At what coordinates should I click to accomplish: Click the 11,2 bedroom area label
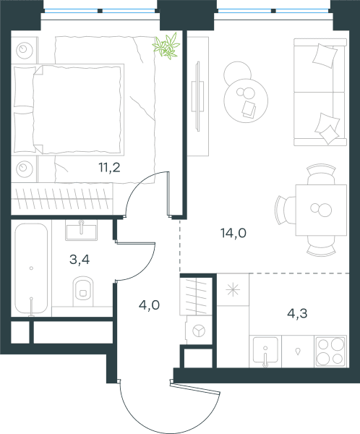tap(109, 168)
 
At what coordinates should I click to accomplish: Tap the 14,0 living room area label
tap(233, 233)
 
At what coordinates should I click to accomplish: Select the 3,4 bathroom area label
tap(80, 260)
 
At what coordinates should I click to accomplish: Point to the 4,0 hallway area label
tap(149, 305)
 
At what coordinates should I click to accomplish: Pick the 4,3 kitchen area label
tap(297, 313)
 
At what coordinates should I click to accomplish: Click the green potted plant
tap(166, 46)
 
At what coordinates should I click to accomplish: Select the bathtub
tap(31, 268)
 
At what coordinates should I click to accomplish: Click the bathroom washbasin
tap(81, 230)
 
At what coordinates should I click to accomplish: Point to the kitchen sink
tap(265, 350)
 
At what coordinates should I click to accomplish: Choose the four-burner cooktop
tap(330, 352)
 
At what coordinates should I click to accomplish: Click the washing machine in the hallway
tap(199, 331)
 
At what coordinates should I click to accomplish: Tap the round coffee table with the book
tap(246, 101)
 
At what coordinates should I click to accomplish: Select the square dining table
tap(321, 210)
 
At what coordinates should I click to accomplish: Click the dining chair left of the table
tap(285, 210)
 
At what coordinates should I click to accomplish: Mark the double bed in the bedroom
tap(68, 110)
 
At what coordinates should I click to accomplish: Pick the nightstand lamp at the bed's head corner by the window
tap(25, 51)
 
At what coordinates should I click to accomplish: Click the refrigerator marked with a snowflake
tap(233, 290)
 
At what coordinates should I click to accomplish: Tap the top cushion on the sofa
tap(325, 56)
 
